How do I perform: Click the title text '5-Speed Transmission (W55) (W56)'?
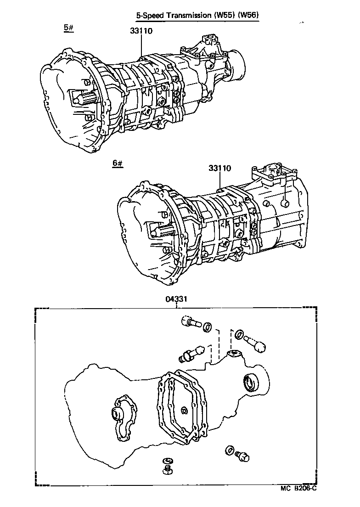point(197,15)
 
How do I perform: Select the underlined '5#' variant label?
point(69,28)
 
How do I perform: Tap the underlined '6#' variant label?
point(118,163)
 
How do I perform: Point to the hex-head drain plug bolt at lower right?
point(241,456)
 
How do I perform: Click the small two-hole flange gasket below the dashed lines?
point(234,354)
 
